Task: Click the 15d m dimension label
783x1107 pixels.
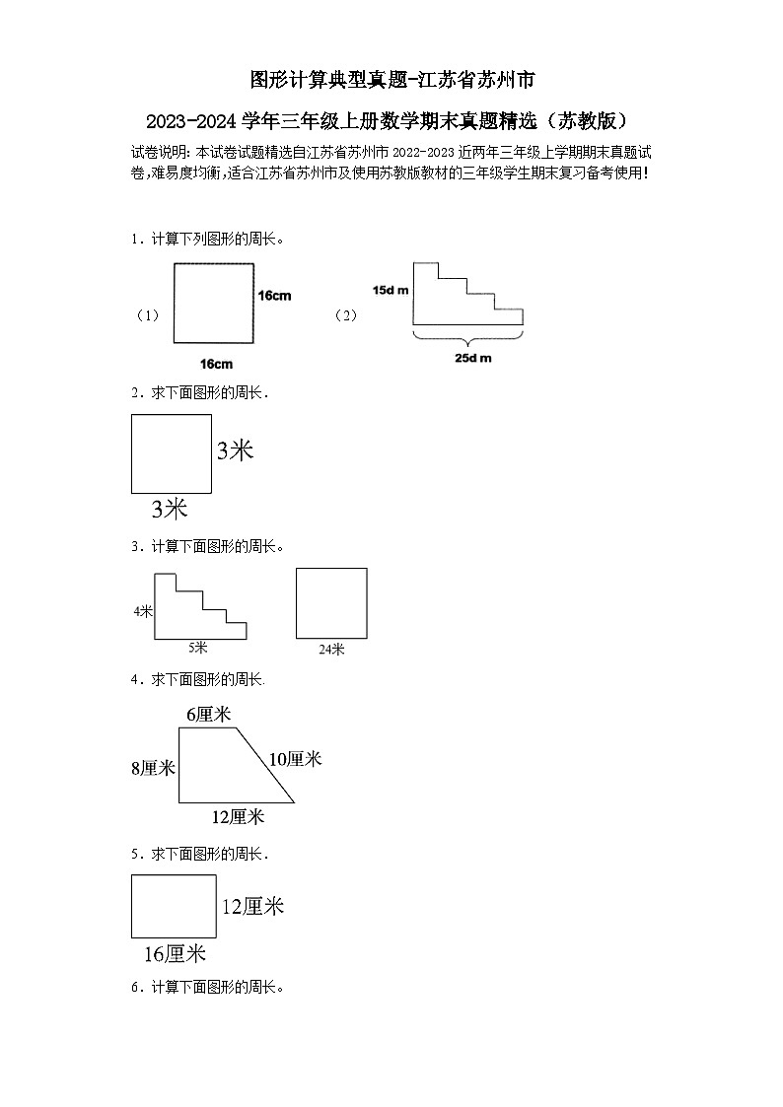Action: [391, 290]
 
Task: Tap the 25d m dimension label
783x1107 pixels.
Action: [472, 357]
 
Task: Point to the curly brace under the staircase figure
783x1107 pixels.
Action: [467, 336]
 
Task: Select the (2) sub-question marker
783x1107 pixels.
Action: [345, 315]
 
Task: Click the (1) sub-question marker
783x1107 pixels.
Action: [147, 315]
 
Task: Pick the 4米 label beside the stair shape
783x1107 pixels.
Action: [143, 611]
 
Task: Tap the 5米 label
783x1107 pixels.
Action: [198, 648]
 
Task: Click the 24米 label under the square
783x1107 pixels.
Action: [331, 649]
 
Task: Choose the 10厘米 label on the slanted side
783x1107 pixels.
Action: [296, 758]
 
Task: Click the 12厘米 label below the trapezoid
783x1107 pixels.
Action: [239, 816]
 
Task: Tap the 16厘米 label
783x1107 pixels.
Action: [175, 953]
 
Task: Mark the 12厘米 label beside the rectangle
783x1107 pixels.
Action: [252, 906]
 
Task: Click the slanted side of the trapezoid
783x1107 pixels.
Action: [262, 764]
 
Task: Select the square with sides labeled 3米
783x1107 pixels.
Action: [172, 453]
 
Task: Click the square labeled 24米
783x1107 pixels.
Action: [331, 603]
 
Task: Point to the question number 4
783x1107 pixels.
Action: [134, 679]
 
